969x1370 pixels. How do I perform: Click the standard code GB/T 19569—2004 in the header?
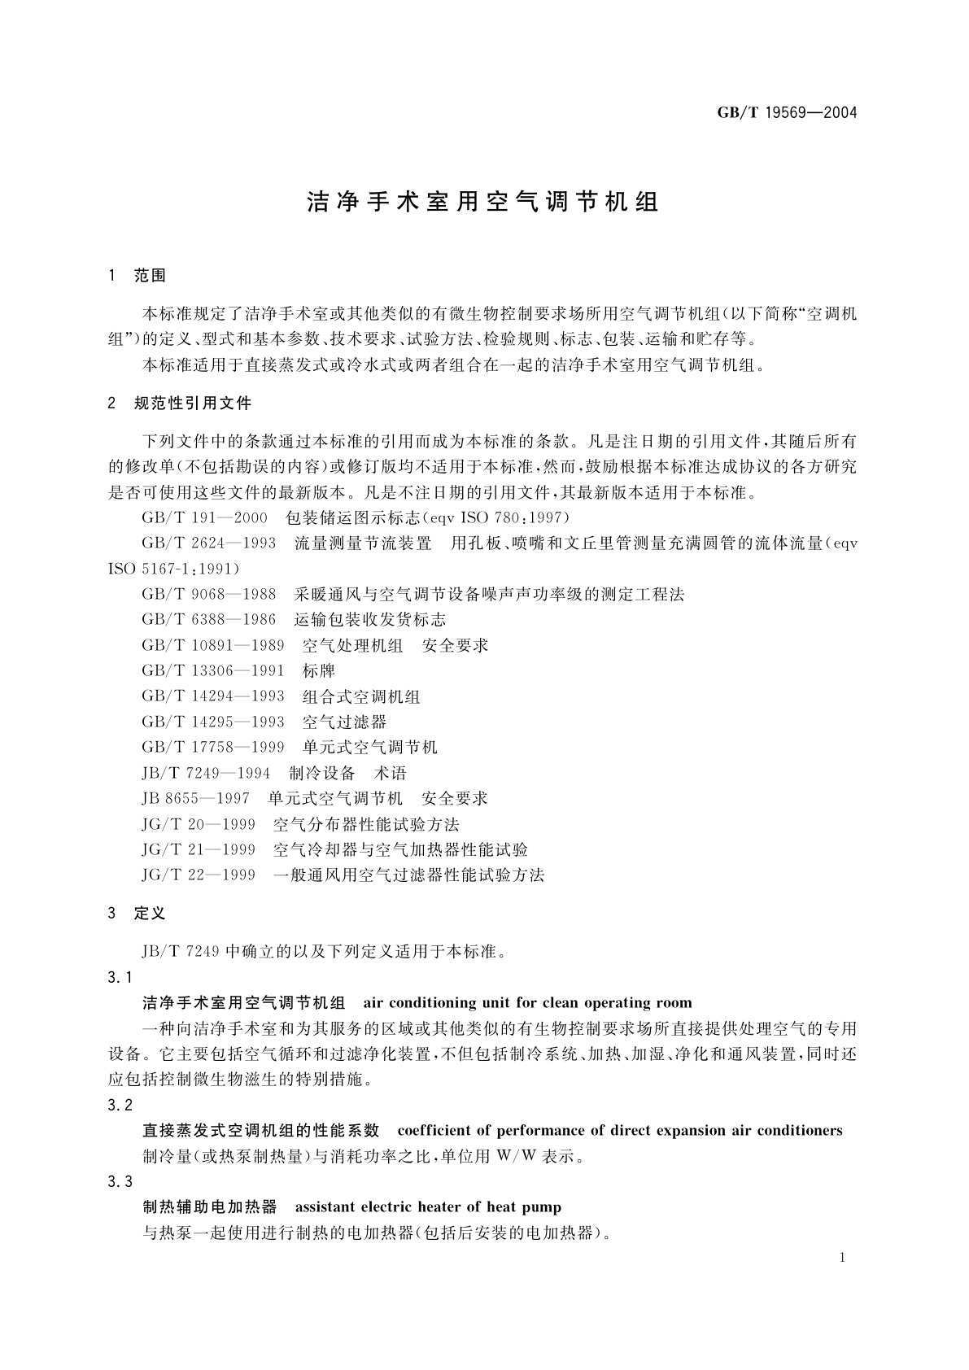click(x=787, y=113)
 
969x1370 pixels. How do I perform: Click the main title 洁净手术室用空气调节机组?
click(x=483, y=202)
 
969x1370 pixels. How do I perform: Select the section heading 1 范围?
click(x=137, y=276)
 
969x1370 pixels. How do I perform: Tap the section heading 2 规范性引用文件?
click(x=180, y=403)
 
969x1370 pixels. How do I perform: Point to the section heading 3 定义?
click(x=137, y=914)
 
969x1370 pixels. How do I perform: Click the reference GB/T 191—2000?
click(x=204, y=517)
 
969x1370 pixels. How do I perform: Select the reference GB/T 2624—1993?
click(x=208, y=543)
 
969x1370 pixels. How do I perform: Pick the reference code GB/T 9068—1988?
click(x=208, y=595)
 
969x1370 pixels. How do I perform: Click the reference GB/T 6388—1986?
click(x=208, y=620)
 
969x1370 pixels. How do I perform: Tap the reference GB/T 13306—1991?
click(x=212, y=671)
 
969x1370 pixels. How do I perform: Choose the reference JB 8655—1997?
click(x=195, y=799)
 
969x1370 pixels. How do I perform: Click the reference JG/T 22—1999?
click(x=198, y=875)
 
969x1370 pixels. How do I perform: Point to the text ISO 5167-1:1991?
click(x=173, y=569)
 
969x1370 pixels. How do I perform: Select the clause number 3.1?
click(x=120, y=977)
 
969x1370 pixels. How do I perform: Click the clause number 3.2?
click(x=120, y=1105)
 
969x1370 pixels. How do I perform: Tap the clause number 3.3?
click(x=120, y=1181)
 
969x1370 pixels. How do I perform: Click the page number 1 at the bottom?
click(x=842, y=1258)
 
